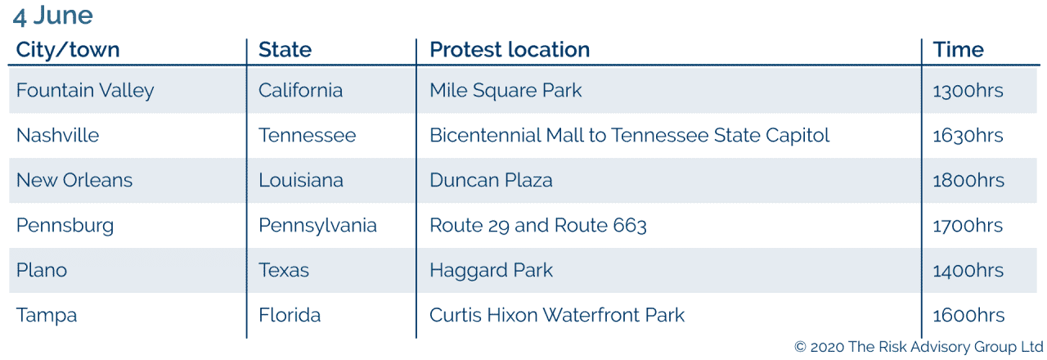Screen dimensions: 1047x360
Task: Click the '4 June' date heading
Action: pyautogui.click(x=53, y=16)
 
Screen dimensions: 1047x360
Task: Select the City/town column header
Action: pyautogui.click(x=68, y=50)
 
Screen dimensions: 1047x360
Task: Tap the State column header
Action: pyautogui.click(x=285, y=50)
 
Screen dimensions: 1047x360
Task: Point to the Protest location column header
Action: pyautogui.click(x=510, y=50)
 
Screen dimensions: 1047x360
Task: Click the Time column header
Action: pyautogui.click(x=958, y=50)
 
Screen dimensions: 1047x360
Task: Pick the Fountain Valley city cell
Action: pyautogui.click(x=85, y=90)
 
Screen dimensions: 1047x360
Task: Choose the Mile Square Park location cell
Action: pyautogui.click(x=506, y=90)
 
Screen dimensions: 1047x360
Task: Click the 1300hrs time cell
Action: pyautogui.click(x=968, y=91)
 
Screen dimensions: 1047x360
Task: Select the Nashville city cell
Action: pyautogui.click(x=57, y=135)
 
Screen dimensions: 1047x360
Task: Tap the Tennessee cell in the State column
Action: pyautogui.click(x=307, y=135)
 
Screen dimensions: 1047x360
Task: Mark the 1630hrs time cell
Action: pyautogui.click(x=968, y=136)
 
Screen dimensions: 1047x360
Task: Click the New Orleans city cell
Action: pyautogui.click(x=74, y=180)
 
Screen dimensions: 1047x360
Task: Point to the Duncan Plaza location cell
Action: pyautogui.click(x=491, y=180)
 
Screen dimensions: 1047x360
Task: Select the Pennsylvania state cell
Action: pyautogui.click(x=318, y=225)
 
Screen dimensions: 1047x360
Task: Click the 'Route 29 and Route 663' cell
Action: pyautogui.click(x=538, y=225)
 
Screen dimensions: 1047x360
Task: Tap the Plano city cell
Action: pyautogui.click(x=42, y=270)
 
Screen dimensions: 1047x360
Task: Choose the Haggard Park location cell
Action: pyautogui.click(x=492, y=270)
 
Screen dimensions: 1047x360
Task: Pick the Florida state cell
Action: pyautogui.click(x=290, y=315)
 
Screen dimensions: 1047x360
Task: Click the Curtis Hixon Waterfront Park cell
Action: pyautogui.click(x=557, y=315)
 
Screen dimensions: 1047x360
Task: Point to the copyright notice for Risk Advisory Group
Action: pyautogui.click(x=919, y=347)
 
